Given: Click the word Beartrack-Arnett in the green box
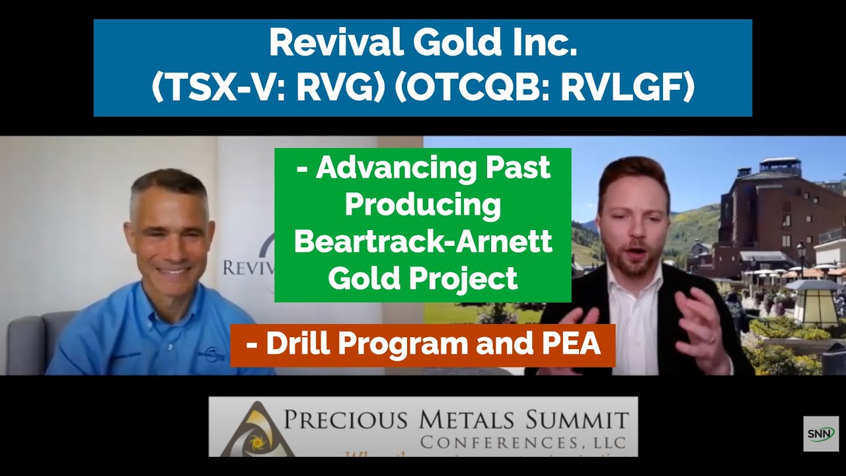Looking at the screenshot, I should coord(423,242).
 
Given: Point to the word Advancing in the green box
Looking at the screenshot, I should coord(395,169).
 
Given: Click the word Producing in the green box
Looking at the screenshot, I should coord(423,205).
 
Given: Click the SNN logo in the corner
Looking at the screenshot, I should coord(821,434).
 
